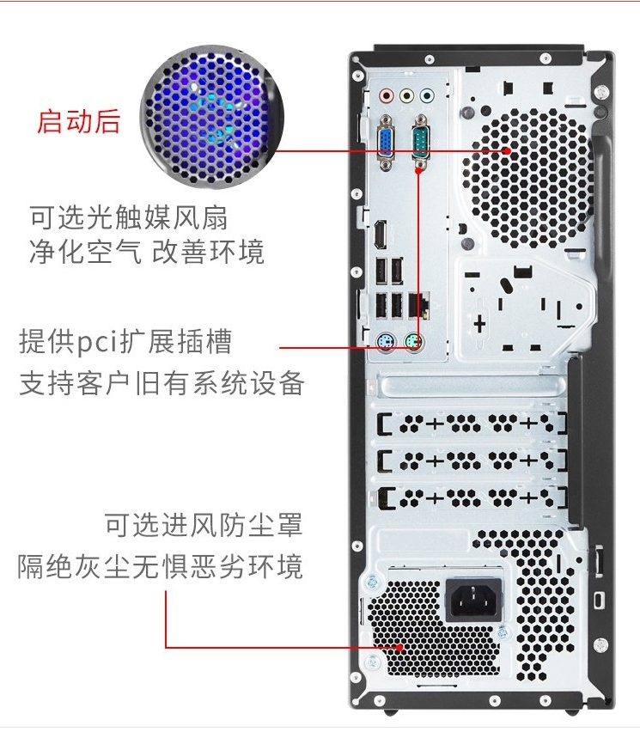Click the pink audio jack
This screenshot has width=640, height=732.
tap(386, 96)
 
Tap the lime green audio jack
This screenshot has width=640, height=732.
tap(406, 96)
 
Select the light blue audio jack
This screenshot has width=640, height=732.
tap(427, 96)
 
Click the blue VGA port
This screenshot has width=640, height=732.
tap(386, 143)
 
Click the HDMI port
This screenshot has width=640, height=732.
tap(380, 234)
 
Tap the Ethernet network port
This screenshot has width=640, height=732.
tap(418, 305)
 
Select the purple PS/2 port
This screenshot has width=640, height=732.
tap(386, 343)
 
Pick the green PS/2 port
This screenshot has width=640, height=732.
tap(414, 343)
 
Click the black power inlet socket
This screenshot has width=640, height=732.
tap(473, 600)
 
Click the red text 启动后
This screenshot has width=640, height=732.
tap(78, 121)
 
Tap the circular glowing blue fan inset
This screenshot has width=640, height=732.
tap(212, 117)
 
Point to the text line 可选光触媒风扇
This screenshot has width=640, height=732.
tap(128, 217)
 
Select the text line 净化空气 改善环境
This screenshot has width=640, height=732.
tap(147, 251)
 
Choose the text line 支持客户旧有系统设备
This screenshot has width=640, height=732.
tap(162, 383)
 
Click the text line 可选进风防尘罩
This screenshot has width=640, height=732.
tap(204, 524)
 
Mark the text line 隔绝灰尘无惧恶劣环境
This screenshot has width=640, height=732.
tap(160, 566)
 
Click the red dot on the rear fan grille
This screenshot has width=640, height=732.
tap(508, 151)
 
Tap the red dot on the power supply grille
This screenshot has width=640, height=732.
tap(399, 648)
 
